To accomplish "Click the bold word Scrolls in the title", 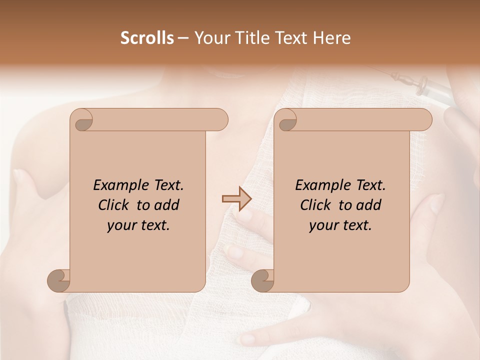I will click(147, 38).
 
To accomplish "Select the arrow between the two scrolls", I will click(236, 199).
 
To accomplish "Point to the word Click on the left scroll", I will click(114, 205).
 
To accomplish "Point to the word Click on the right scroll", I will click(316, 205).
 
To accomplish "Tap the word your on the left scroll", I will click(121, 225).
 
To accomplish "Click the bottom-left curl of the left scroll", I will click(58, 280).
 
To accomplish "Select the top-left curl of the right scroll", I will click(286, 120).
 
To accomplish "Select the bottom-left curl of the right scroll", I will click(262, 280).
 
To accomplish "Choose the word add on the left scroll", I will click(167, 205).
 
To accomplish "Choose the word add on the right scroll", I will click(369, 205).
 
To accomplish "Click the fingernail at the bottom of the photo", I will click(247, 339).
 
